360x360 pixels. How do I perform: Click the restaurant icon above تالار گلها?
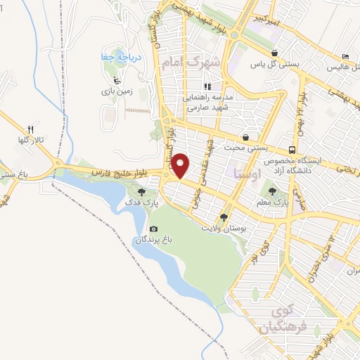coord(30,129)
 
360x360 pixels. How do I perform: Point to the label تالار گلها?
coord(32,141)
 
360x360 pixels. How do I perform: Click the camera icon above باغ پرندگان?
coord(154,229)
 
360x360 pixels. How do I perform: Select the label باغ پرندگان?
coord(154,240)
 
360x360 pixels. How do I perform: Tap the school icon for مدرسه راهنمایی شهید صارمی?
coord(207,86)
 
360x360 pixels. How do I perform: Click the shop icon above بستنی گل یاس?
coord(274,52)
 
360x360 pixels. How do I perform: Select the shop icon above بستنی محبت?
coord(246,137)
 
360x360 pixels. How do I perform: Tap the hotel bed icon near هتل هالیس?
coord(345,56)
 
